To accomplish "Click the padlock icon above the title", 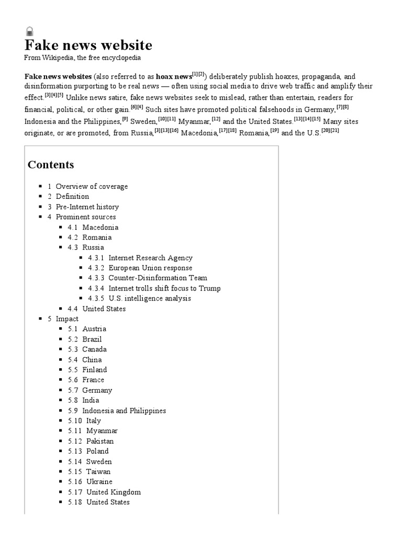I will coord(29,31).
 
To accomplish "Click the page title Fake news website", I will coord(88,45).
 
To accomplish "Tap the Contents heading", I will coord(51,165).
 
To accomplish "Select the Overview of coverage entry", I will coord(92,186).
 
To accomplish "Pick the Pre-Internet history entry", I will coord(87,207).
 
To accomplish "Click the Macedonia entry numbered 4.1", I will coord(100,227).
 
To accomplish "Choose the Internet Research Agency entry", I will coord(150,257).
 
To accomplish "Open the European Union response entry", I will coord(150,268).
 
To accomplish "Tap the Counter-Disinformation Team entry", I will coord(158,278).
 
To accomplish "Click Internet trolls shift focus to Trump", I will coord(164,288).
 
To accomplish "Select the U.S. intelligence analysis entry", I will coord(150,298).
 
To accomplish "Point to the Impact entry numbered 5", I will coord(67,319).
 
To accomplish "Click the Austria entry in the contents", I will coord(94,329).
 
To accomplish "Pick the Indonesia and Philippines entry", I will coord(124,411).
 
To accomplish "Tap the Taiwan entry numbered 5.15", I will coord(98,471).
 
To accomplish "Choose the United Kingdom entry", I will coord(114,492).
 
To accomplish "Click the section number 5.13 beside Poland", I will coord(75,451).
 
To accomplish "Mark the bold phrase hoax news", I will coord(174,77).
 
